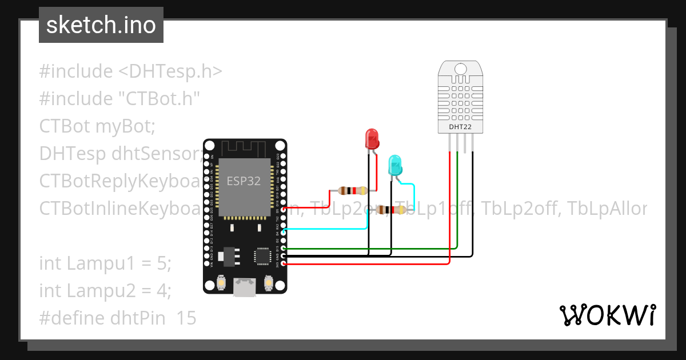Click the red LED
[x=372, y=139]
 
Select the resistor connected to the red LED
[x=353, y=190]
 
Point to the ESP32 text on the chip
[x=244, y=181]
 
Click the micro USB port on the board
[x=245, y=287]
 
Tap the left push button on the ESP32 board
[x=222, y=282]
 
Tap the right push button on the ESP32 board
[x=268, y=282]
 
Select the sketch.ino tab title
[x=101, y=25]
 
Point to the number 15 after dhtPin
[x=186, y=318]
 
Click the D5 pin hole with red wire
[x=284, y=210]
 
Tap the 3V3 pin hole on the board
[x=284, y=265]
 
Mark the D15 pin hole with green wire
[x=284, y=249]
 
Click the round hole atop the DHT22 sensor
[x=460, y=70]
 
